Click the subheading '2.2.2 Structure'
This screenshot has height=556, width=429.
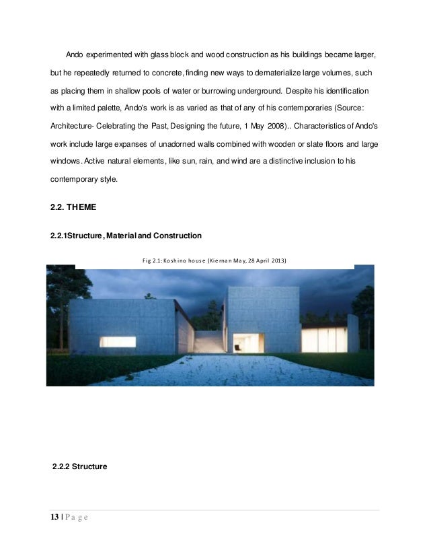pos(80,464)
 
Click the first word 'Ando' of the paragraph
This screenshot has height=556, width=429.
pos(74,53)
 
